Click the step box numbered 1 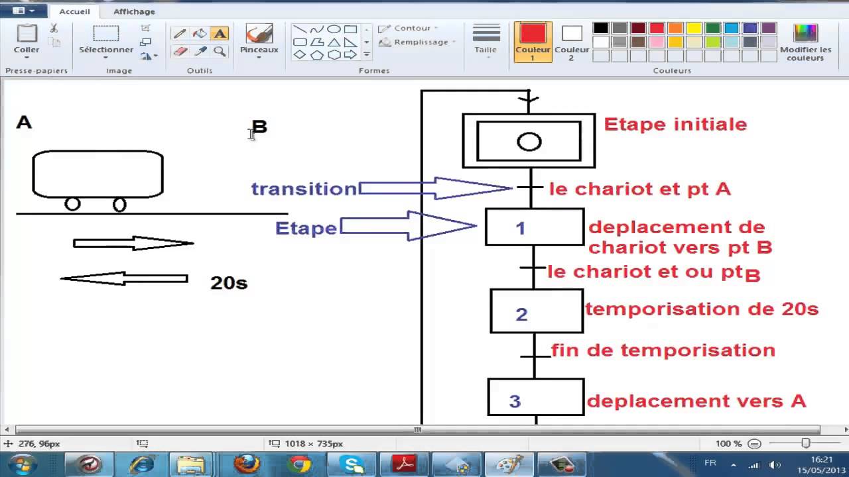tap(535, 227)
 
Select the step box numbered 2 tap(537, 311)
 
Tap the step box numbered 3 tap(536, 397)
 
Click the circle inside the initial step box tap(529, 142)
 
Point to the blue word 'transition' tap(304, 189)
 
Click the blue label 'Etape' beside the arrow tap(306, 228)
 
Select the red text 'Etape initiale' tap(675, 124)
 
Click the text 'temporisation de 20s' tap(702, 309)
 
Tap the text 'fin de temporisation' tap(663, 350)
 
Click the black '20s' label tap(229, 283)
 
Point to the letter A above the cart tap(24, 122)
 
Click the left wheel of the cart tap(72, 204)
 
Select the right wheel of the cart tap(119, 205)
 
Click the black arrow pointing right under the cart tap(133, 243)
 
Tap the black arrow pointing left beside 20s tap(124, 279)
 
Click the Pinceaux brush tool tap(259, 40)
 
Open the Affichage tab tap(134, 11)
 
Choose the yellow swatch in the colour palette tap(694, 28)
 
